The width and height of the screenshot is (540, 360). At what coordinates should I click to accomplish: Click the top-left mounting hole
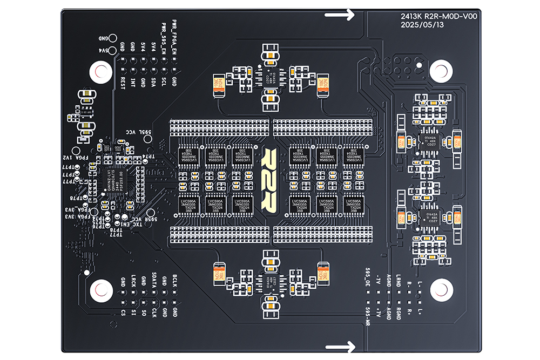(x=100, y=71)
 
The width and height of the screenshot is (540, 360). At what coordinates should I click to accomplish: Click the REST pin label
(x=123, y=84)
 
